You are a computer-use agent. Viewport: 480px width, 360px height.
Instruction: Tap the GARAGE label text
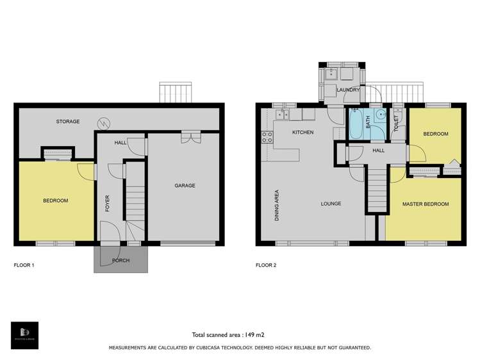pyautogui.click(x=185, y=186)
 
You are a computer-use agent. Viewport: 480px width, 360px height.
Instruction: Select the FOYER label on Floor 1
pyautogui.click(x=108, y=203)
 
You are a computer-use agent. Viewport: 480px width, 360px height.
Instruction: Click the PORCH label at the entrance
pyautogui.click(x=121, y=260)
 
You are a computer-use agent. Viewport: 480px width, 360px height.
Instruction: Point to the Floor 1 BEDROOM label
pyautogui.click(x=55, y=200)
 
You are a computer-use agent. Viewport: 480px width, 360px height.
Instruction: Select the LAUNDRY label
pyautogui.click(x=348, y=90)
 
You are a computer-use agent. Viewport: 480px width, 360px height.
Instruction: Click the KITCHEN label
pyautogui.click(x=302, y=133)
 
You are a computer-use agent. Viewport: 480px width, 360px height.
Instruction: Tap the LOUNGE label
pyautogui.click(x=331, y=204)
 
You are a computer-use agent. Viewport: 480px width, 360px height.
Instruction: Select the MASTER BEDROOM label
pyautogui.click(x=425, y=204)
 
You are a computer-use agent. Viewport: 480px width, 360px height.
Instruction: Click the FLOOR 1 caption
pyautogui.click(x=24, y=264)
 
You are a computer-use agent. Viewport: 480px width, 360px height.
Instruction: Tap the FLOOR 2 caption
pyautogui.click(x=266, y=264)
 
